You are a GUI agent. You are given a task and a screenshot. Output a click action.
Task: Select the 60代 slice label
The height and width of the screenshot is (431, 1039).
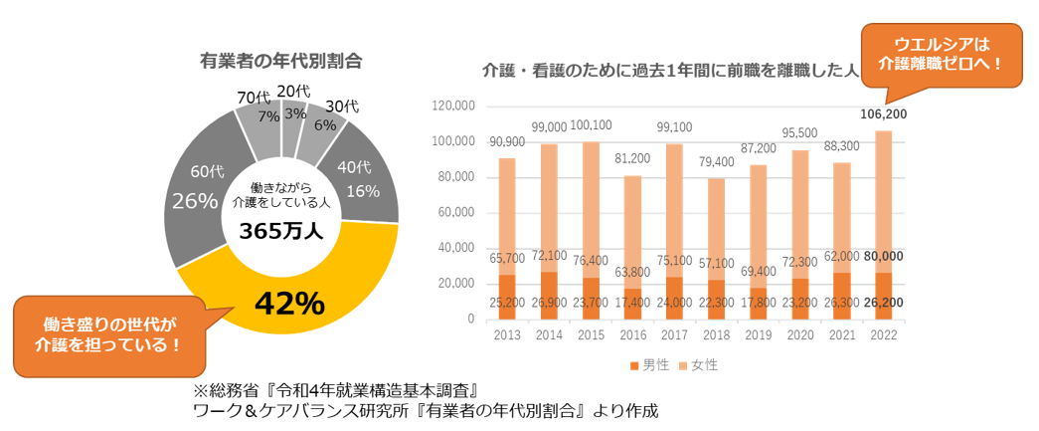pos(191,171)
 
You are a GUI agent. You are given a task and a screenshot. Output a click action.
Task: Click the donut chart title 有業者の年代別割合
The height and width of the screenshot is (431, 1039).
pos(281,61)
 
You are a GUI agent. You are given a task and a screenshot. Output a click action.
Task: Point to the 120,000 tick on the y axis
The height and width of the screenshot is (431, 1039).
pos(454,107)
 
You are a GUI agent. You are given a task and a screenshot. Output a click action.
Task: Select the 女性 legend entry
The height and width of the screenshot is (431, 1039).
pos(698,365)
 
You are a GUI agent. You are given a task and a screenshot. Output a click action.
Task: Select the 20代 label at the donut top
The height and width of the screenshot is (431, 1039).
pos(293,92)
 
